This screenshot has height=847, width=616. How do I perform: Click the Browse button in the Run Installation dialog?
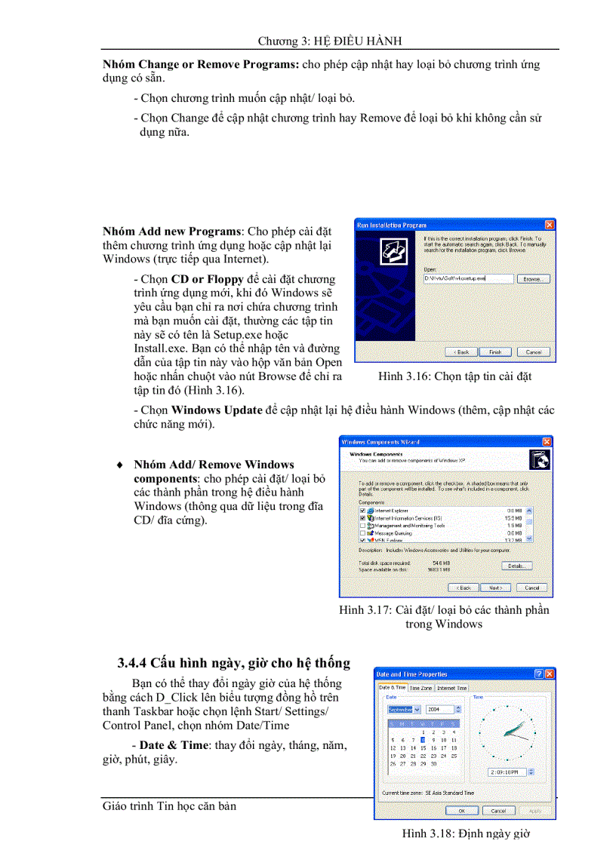point(532,278)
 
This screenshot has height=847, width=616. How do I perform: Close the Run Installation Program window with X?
point(550,225)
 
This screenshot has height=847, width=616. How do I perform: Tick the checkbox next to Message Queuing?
point(362,532)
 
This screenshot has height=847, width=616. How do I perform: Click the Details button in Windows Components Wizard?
point(516,565)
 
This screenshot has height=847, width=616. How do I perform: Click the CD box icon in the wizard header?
point(541,459)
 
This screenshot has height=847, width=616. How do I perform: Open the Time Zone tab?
point(420,688)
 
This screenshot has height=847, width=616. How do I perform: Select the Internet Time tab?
point(451,688)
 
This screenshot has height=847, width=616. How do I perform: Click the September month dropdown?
point(405,709)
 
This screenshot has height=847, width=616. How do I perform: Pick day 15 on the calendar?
point(423,747)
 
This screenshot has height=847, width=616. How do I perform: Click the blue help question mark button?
point(539,674)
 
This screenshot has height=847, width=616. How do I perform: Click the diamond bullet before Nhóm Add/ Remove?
point(119,465)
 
